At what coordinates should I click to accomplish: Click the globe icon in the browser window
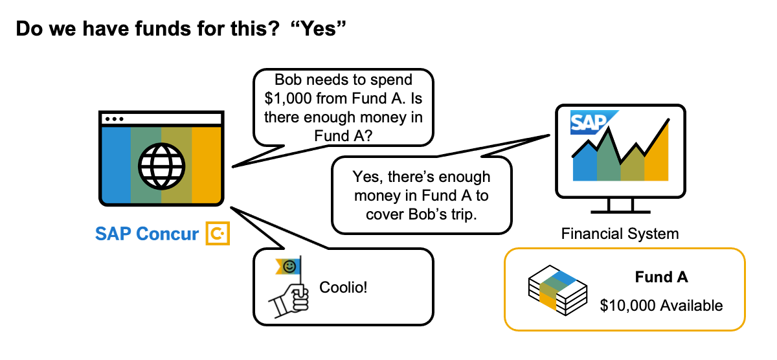coord(161,164)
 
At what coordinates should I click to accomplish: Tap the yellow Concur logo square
coord(218,234)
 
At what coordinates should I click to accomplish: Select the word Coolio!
coord(343,287)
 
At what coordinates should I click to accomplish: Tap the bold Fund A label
coord(661,278)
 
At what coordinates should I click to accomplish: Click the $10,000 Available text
coord(661,305)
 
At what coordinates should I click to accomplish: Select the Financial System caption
coord(620,234)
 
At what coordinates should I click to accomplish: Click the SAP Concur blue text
coord(147,234)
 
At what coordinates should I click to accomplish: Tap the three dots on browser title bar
coord(115,119)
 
